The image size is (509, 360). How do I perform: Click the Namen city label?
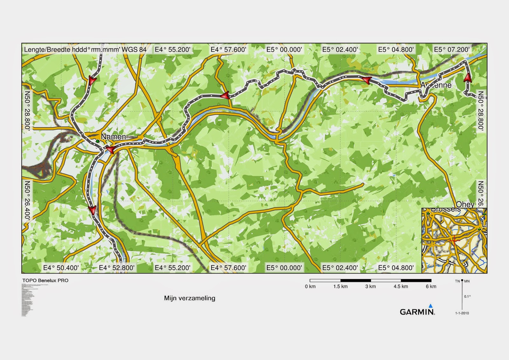pos(113,137)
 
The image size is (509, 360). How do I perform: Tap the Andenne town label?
pos(436,85)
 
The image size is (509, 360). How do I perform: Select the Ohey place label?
pos(465,204)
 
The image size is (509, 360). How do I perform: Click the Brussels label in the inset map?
pos(446,210)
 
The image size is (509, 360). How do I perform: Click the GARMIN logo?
pos(417,312)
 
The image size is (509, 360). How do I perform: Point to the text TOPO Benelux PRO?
pos(45,280)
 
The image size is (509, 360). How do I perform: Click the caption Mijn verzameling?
pos(190,298)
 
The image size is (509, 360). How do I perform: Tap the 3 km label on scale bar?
pos(371,287)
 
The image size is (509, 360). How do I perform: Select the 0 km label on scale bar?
pos(310,287)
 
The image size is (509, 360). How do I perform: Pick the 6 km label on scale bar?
pos(431,287)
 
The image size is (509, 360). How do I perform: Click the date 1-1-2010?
pos(462,313)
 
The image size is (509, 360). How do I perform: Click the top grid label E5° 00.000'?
pos(284,50)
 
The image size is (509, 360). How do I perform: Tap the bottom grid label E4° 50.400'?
pos(61,268)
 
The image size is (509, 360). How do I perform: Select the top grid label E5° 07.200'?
pos(452,50)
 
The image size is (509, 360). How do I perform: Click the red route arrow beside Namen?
pos(110,150)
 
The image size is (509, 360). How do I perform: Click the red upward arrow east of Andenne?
pos(468,77)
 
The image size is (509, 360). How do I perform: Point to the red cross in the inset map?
pos(454,240)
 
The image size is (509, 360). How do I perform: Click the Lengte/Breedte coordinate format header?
pos(85,50)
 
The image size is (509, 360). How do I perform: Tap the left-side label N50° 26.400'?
pos(28,200)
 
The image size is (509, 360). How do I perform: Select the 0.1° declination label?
pos(467,296)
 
